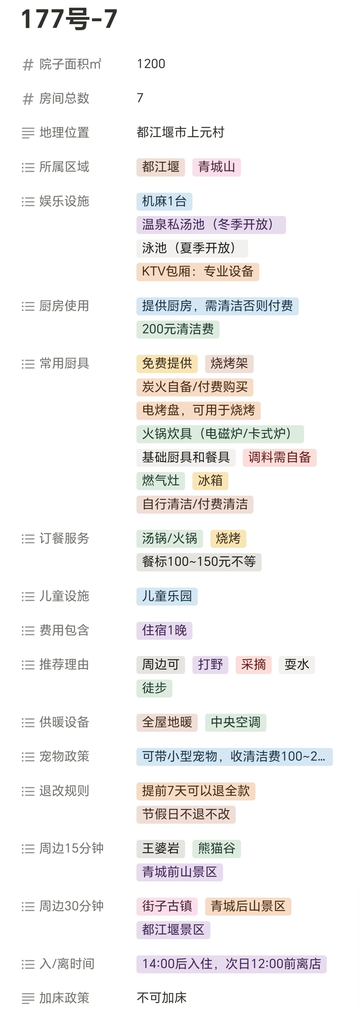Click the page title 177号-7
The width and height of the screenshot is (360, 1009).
click(x=69, y=19)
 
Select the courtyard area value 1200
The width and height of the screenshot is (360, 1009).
click(x=151, y=64)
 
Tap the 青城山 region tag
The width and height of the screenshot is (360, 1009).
click(x=216, y=167)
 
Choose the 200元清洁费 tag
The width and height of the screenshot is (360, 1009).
click(x=178, y=329)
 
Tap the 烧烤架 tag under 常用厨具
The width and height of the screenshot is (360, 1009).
click(x=229, y=363)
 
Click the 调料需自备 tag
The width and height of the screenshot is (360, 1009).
click(x=279, y=457)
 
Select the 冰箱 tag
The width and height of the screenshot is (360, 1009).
click(x=210, y=481)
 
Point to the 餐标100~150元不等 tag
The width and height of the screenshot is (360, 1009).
click(x=199, y=562)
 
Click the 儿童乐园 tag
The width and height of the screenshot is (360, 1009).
click(x=167, y=596)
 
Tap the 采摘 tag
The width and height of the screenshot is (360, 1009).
click(x=253, y=665)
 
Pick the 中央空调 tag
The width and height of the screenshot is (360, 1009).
click(x=235, y=722)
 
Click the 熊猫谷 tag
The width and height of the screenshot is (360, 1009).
click(x=216, y=848)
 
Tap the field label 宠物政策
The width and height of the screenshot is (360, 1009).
click(x=64, y=756)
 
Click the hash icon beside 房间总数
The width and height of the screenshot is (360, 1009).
click(x=28, y=99)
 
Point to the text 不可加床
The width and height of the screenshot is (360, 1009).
click(x=161, y=997)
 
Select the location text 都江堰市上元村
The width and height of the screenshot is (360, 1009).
click(x=180, y=132)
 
